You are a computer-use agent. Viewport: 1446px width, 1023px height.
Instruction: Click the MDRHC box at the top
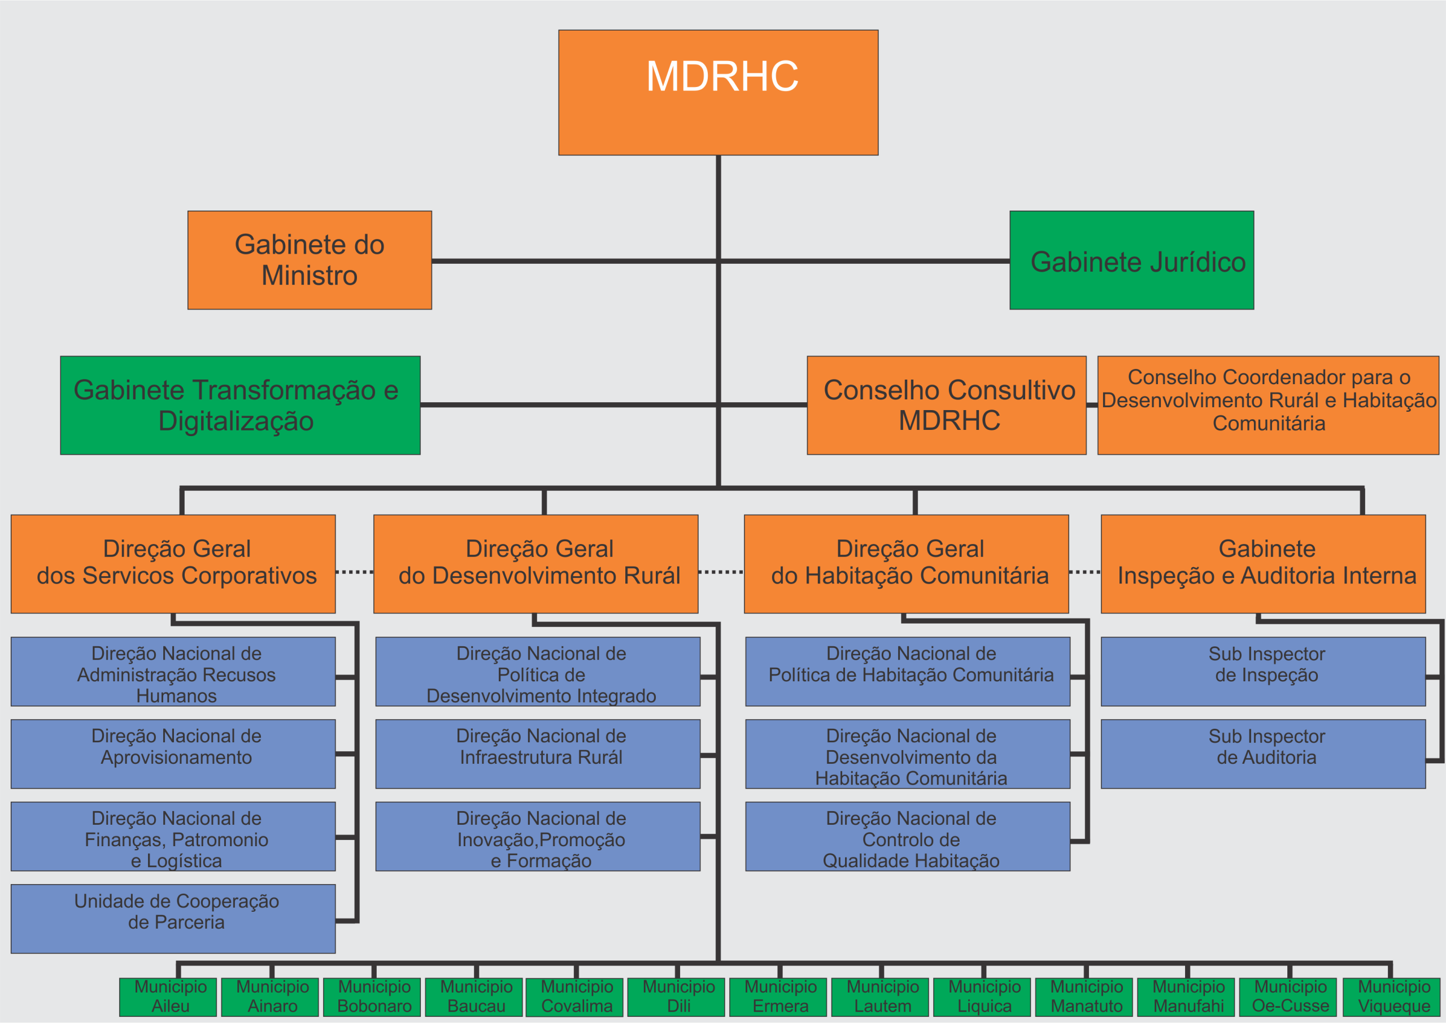(718, 92)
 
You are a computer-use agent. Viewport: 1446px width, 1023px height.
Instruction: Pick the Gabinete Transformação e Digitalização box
(240, 405)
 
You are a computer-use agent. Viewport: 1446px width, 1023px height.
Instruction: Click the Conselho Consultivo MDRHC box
(946, 405)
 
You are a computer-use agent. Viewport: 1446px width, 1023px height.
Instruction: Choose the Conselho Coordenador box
(1268, 405)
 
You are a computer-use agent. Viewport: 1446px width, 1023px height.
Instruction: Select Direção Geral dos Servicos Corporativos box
(173, 564)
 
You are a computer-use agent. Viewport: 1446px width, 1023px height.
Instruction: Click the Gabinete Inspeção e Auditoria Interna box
(1263, 564)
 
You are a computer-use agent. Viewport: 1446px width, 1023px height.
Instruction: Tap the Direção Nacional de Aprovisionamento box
(173, 754)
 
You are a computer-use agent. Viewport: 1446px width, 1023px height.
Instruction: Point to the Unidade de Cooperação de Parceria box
(173, 918)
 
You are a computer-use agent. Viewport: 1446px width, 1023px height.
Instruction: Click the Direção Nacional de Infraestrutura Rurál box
(537, 754)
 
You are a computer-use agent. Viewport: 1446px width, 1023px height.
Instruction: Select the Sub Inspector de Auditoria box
(1263, 754)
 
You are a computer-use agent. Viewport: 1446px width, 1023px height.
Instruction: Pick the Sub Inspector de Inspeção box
(1263, 671)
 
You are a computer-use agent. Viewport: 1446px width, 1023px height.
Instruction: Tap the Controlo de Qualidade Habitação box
(908, 836)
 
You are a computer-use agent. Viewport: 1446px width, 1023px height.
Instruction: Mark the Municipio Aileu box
(168, 996)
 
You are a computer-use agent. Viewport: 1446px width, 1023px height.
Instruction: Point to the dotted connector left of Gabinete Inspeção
(1084, 572)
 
